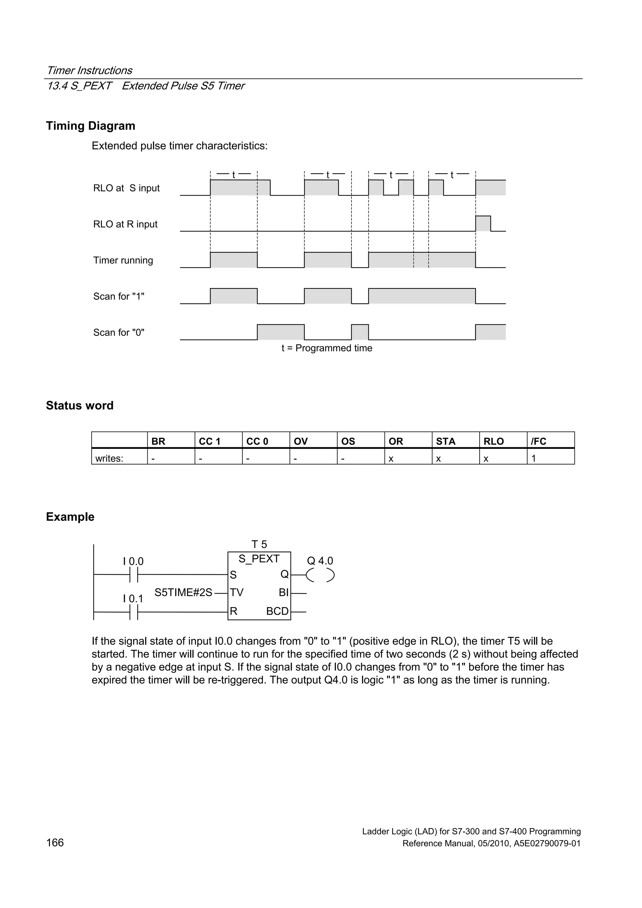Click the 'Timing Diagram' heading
pyautogui.click(x=91, y=126)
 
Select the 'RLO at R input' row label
pyautogui.click(x=125, y=224)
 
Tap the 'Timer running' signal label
pyautogui.click(x=123, y=260)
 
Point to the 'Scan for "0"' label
pyautogui.click(x=119, y=332)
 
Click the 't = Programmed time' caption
pyautogui.click(x=327, y=348)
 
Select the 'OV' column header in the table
pyautogui.click(x=301, y=441)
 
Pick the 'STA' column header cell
pyautogui.click(x=446, y=441)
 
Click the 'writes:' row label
pyautogui.click(x=109, y=458)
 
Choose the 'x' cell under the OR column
pyautogui.click(x=391, y=458)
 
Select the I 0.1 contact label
pyautogui.click(x=133, y=599)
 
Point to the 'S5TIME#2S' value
pyautogui.click(x=183, y=592)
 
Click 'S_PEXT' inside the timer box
pyautogui.click(x=259, y=559)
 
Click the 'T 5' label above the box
pyautogui.click(x=259, y=544)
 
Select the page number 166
pyautogui.click(x=55, y=843)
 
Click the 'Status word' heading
pyautogui.click(x=80, y=405)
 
